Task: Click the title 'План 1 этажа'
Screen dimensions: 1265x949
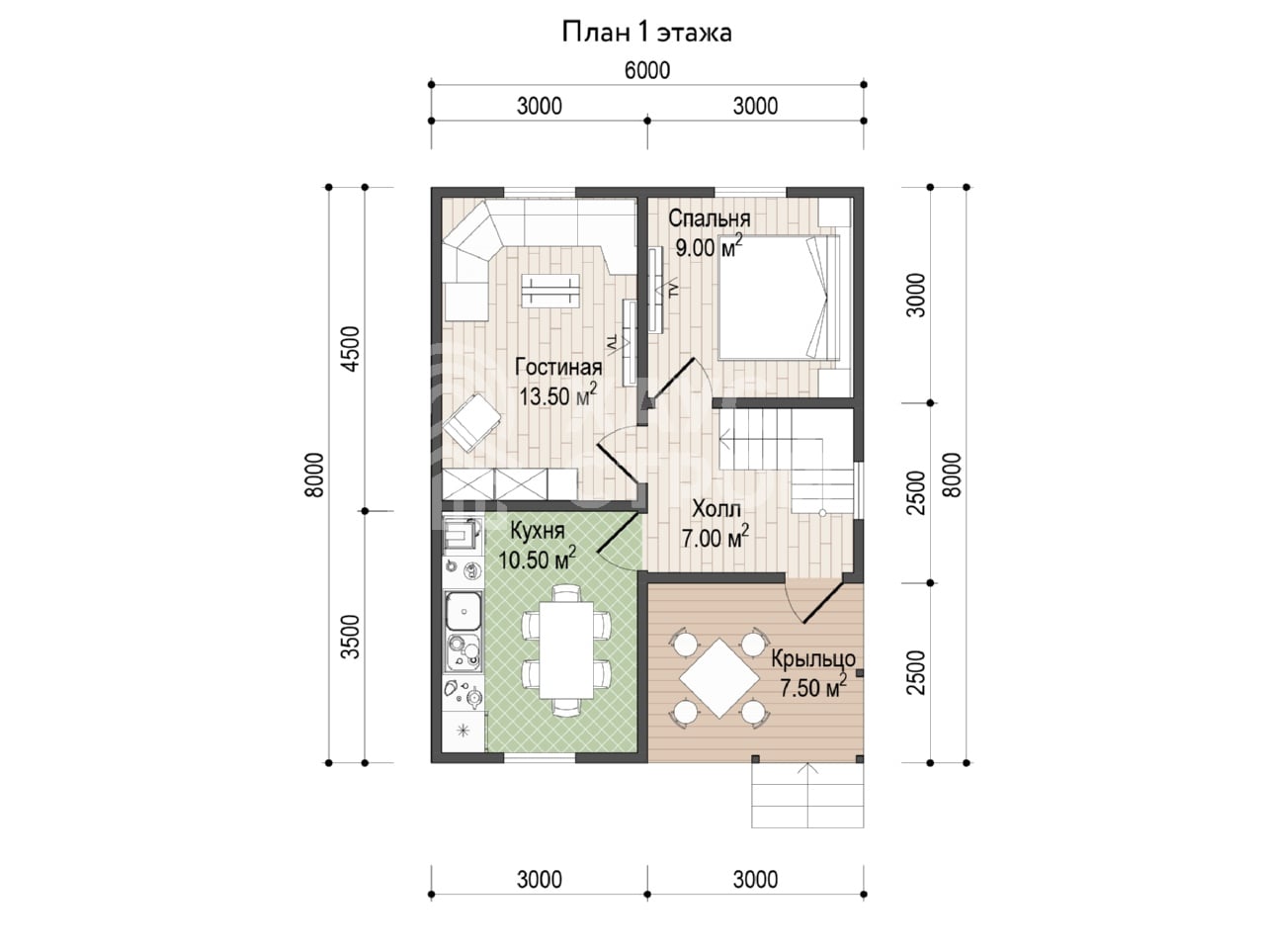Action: [x=646, y=33]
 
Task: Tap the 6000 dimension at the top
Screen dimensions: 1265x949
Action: [x=647, y=70]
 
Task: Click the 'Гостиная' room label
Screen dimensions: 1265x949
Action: [x=558, y=367]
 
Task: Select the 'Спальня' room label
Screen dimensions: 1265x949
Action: [x=709, y=218]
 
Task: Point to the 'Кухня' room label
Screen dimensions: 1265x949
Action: [x=538, y=531]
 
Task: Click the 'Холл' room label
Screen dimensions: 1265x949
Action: [x=716, y=509]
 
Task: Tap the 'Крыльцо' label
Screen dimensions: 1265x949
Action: [x=813, y=658]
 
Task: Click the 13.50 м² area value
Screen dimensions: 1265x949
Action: [x=557, y=395]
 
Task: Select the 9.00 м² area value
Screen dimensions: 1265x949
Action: [x=709, y=247]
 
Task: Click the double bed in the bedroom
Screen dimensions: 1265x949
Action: [x=779, y=298]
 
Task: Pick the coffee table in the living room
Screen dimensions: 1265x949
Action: [x=549, y=291]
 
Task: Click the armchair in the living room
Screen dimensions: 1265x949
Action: [x=471, y=421]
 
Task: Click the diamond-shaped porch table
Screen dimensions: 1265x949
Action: [x=719, y=678]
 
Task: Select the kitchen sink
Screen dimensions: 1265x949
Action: [x=464, y=611]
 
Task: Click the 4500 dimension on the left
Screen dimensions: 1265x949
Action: [x=350, y=349]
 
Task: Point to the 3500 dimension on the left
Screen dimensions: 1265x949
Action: [x=350, y=637]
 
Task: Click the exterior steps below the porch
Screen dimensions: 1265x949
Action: [x=807, y=795]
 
